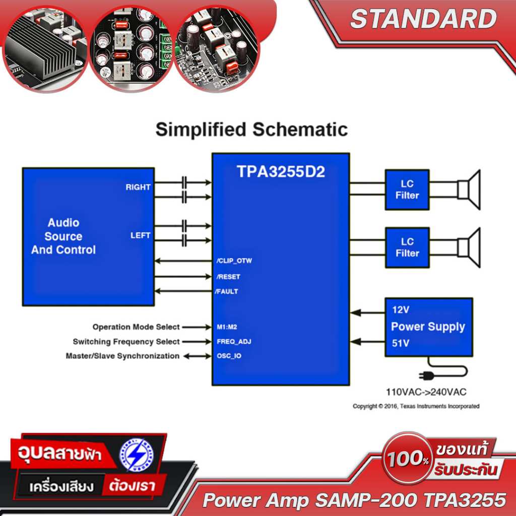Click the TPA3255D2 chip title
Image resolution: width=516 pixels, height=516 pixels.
(281, 172)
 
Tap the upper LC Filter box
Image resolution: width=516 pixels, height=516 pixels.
(407, 189)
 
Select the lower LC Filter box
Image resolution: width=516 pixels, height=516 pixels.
(407, 247)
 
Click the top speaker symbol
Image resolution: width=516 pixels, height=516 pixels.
(469, 190)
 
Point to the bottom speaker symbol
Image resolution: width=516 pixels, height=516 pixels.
(469, 248)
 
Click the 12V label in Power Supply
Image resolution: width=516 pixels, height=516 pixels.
(401, 309)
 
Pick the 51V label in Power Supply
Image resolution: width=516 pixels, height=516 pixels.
(401, 344)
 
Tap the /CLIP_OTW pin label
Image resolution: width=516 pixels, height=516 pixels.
(234, 261)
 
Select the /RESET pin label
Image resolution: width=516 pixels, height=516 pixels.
(228, 277)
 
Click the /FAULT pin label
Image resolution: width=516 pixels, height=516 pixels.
(227, 291)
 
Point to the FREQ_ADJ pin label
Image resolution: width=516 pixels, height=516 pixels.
(234, 342)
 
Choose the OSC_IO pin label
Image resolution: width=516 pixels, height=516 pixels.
(229, 356)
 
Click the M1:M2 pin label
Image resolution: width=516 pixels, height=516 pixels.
(227, 327)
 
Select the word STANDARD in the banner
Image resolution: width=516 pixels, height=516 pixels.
(423, 19)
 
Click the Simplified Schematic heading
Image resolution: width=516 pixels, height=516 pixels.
(251, 130)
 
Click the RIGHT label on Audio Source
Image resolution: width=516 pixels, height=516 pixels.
(138, 187)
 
